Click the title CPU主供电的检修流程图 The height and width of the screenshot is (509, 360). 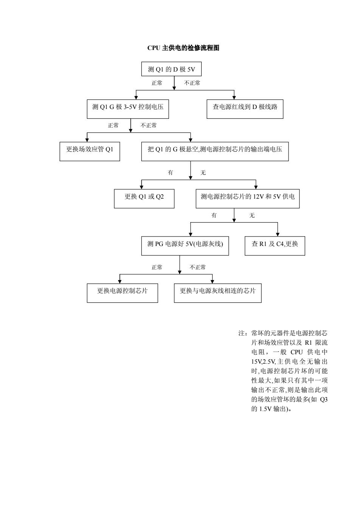click(183, 48)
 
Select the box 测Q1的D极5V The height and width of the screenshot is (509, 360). click(171, 69)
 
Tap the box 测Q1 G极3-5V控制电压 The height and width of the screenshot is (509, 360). click(128, 109)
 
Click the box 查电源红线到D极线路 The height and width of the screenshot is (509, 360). click(245, 109)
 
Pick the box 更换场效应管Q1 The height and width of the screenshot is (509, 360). click(90, 151)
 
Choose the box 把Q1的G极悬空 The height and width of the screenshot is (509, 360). click(215, 151)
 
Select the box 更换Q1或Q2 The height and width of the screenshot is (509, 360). click(144, 199)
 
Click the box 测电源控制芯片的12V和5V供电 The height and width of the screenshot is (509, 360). click(248, 199)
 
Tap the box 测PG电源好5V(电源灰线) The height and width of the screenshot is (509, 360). click(185, 246)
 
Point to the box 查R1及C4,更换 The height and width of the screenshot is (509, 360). click(275, 246)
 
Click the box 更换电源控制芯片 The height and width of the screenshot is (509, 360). click(123, 293)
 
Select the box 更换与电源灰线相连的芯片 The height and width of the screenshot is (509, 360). click(217, 293)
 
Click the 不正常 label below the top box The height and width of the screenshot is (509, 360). click(192, 83)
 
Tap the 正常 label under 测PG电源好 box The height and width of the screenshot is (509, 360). click(157, 267)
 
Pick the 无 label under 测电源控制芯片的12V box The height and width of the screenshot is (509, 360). click(252, 215)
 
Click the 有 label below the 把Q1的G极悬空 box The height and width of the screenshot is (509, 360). click(170, 173)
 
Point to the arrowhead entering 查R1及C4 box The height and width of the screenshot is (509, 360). click(278, 234)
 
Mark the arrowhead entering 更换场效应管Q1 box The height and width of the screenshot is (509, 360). click(87, 140)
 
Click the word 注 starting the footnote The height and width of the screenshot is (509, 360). click(241, 333)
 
